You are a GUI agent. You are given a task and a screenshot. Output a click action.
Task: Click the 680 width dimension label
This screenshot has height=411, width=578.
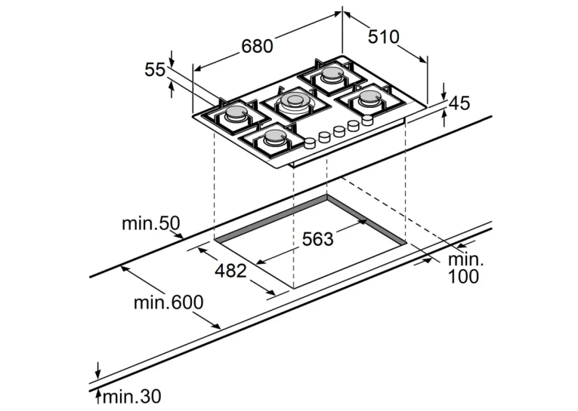pos(258,46)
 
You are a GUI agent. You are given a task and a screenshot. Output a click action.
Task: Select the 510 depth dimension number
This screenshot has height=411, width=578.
pos(383,37)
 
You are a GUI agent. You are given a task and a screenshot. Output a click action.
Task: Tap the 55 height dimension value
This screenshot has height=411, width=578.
pos(155,69)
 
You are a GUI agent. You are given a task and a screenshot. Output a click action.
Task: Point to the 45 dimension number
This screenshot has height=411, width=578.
pos(459,103)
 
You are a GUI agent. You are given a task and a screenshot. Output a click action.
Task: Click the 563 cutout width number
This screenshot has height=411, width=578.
pos(317,239)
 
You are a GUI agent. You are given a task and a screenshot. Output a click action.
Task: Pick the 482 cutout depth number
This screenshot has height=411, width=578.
pos(230,271)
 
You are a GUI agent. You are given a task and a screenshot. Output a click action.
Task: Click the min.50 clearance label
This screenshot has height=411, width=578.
pos(151,223)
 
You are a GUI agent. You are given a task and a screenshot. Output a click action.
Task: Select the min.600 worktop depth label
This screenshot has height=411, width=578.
pos(168,302)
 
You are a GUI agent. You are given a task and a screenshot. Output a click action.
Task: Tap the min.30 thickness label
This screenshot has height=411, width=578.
pos(132,397)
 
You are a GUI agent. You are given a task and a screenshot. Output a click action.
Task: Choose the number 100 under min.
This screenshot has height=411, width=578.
pos(463,276)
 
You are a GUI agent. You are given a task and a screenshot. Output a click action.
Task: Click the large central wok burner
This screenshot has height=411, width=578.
pos(294,102)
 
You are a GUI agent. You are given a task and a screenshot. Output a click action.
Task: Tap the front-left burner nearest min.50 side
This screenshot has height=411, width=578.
pos(236,113)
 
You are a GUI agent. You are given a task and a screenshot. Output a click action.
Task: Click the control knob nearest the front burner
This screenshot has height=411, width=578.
pos(310,143)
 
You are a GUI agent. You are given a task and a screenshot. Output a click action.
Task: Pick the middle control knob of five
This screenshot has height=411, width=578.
pos(338,131)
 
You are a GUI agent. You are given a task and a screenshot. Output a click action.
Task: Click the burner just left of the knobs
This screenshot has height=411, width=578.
pos(274,137)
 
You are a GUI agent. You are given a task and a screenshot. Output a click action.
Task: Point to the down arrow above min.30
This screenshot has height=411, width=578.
pos(97,370)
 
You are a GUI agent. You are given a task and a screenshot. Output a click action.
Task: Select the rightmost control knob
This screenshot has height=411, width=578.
pos(367,120)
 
